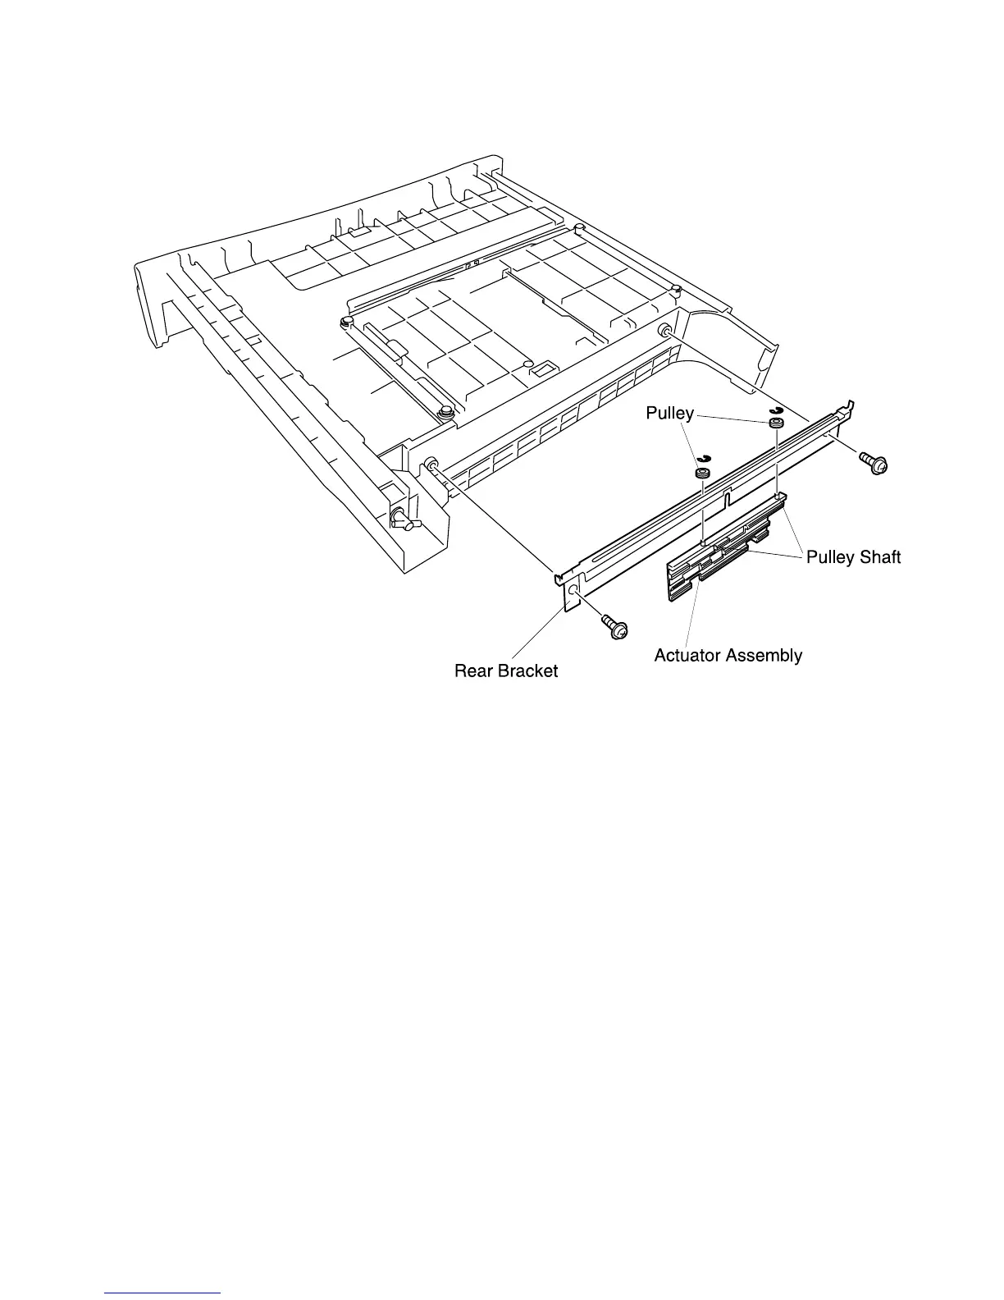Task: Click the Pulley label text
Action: tap(669, 414)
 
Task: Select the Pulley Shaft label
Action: tap(853, 557)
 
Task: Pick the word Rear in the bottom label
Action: tap(472, 671)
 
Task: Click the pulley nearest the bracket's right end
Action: tap(774, 424)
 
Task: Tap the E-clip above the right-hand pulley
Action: tap(774, 410)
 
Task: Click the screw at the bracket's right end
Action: tap(872, 463)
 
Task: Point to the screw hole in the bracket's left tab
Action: tap(573, 590)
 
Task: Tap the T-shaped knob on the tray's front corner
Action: tap(402, 518)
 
